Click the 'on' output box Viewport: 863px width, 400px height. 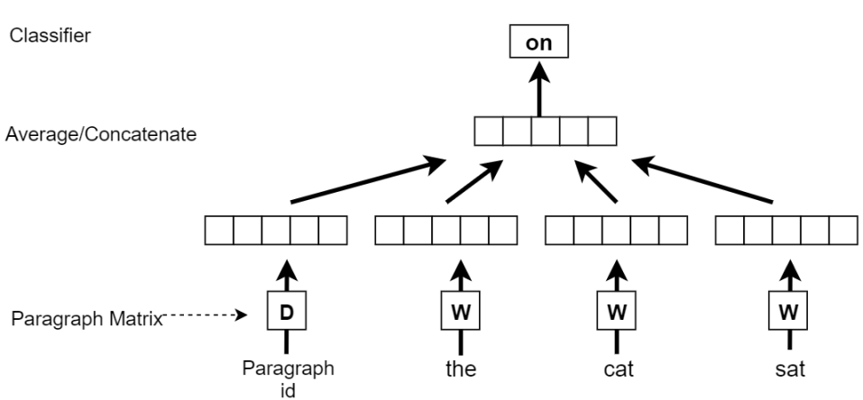(x=539, y=42)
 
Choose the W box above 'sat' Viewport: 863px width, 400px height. (x=787, y=314)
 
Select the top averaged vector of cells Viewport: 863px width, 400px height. (x=545, y=132)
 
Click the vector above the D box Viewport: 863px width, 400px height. (x=277, y=231)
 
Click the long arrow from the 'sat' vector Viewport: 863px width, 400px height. (x=703, y=181)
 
